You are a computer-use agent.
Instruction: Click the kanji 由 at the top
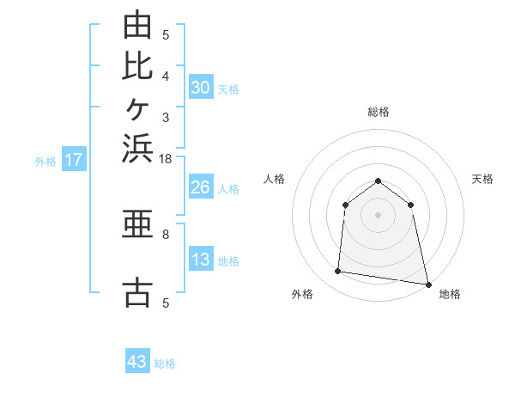coord(137,24)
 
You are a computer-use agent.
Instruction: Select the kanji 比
coord(137,66)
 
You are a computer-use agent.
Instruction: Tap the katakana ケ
coord(137,109)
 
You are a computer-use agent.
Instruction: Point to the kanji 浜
coord(137,149)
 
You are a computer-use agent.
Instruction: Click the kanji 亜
coord(137,223)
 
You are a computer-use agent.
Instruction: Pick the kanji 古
coord(137,292)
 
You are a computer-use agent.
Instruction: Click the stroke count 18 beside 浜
coord(165,159)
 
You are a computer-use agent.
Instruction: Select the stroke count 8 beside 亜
coord(166,235)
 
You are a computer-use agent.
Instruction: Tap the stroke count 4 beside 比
coord(166,77)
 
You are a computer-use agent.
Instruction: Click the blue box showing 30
coord(201,87)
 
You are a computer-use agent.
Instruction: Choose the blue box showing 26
coord(201,187)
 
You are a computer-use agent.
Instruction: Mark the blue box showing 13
coord(201,258)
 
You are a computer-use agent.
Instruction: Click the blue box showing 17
coord(74,158)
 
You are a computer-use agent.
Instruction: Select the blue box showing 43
coord(137,360)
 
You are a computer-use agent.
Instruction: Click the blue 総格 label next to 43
coord(165,364)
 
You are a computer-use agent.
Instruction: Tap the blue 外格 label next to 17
coord(45,162)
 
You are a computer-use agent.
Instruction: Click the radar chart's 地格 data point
coord(428,285)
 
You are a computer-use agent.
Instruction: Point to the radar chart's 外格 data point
coord(337,271)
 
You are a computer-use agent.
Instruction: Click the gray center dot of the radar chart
coord(378,215)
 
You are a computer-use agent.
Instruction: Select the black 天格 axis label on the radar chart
coord(482,179)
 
